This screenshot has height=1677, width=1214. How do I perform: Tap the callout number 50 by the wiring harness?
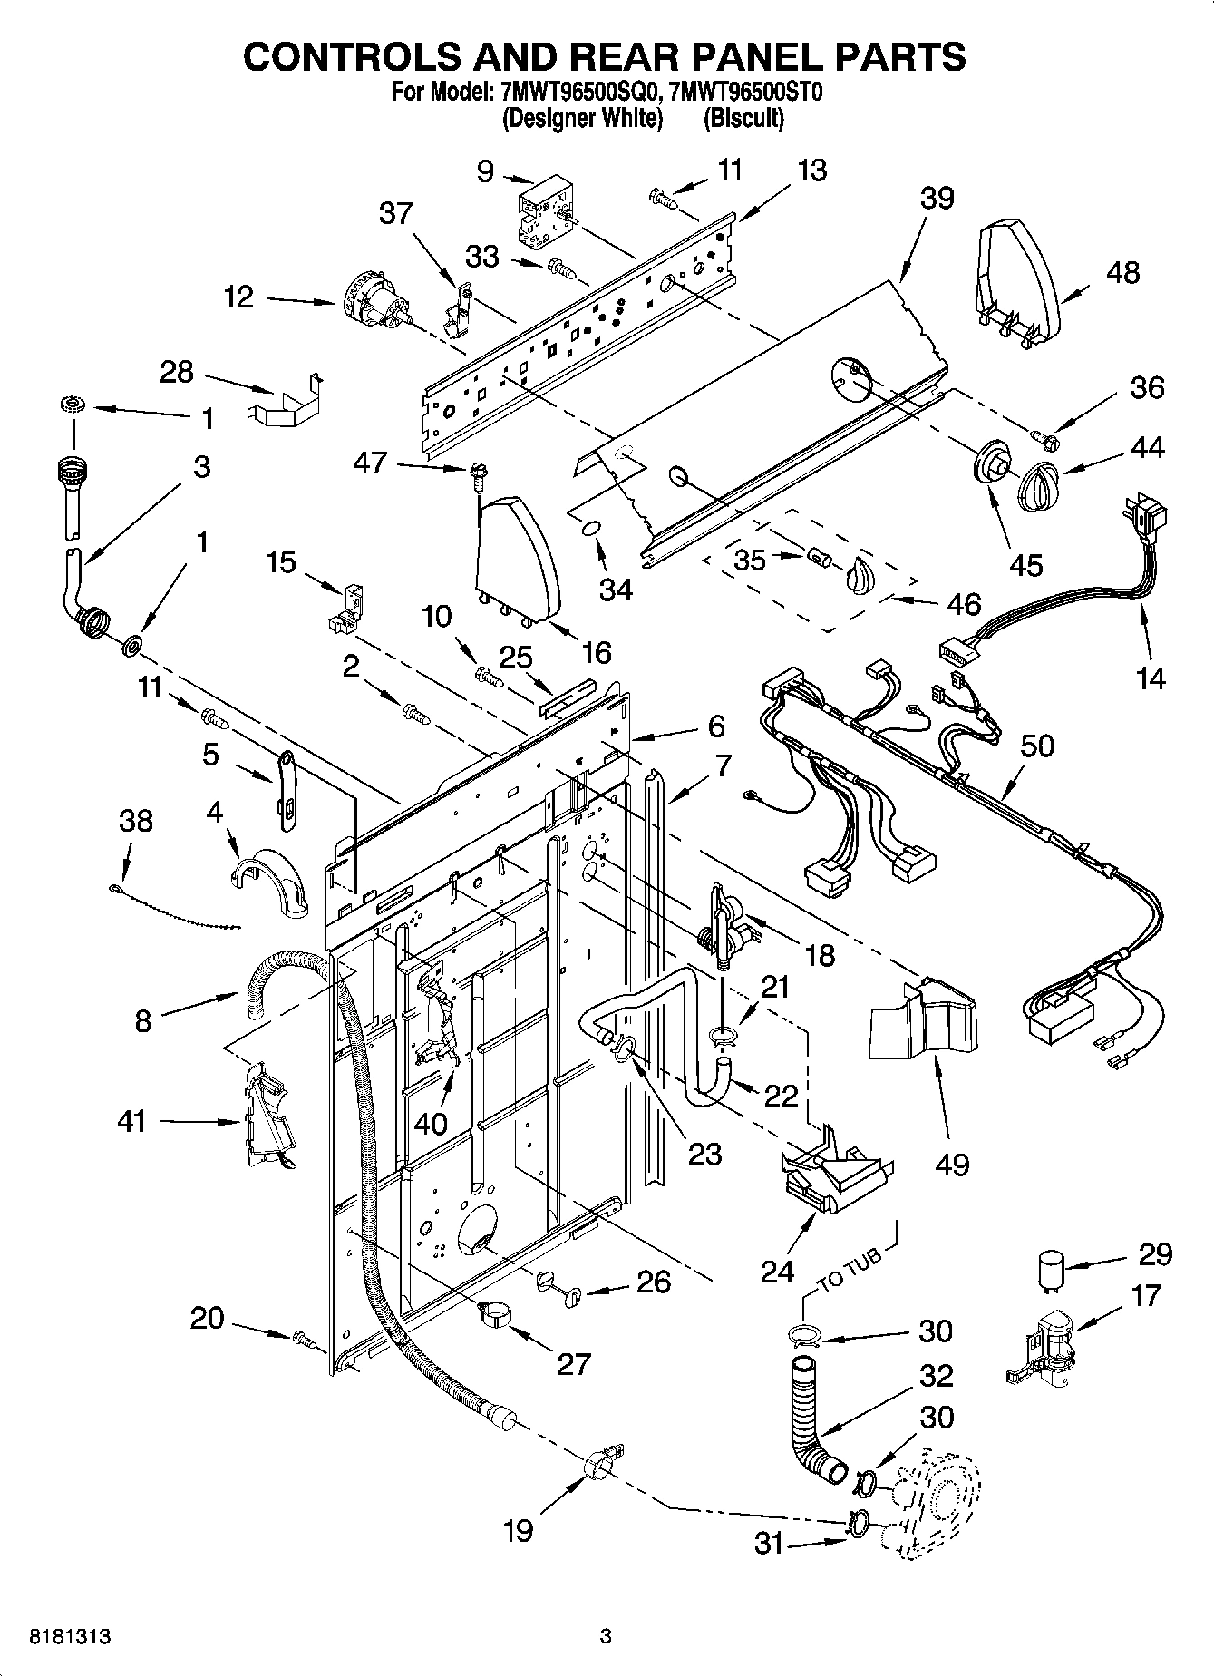tap(1037, 746)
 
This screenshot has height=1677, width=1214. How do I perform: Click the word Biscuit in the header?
tap(743, 119)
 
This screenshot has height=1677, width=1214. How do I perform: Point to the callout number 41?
tap(132, 1122)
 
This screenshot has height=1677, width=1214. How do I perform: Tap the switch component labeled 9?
tap(542, 213)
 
